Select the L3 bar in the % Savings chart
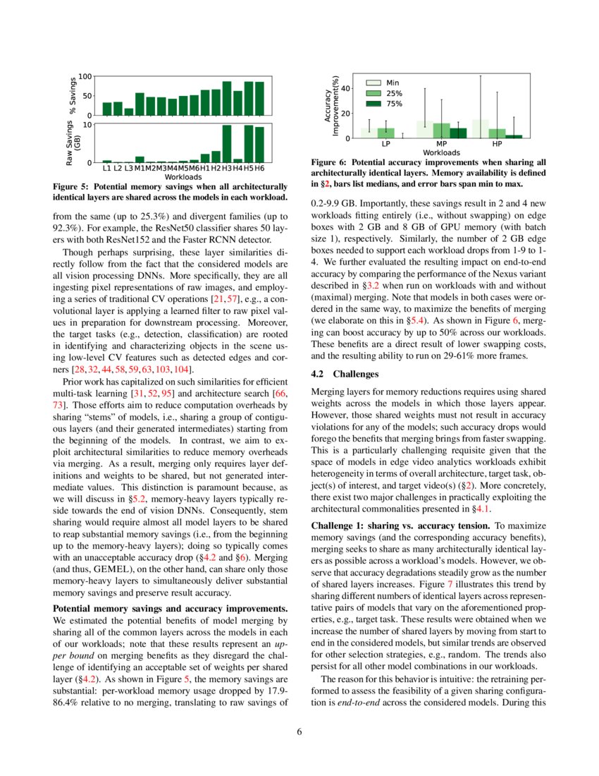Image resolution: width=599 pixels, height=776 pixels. pyautogui.click(x=129, y=111)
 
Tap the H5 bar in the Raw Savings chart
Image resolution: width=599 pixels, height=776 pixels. pyautogui.click(x=249, y=144)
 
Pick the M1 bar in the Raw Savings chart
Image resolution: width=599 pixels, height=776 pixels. pyautogui.click(x=140, y=159)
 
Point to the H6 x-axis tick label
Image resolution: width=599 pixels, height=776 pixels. pyautogui.click(x=259, y=168)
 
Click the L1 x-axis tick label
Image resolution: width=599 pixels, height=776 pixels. pyautogui.click(x=106, y=168)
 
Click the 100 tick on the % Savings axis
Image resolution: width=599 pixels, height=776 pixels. pyautogui.click(x=85, y=76)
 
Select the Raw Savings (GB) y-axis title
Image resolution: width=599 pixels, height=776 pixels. pyautogui.click(x=73, y=143)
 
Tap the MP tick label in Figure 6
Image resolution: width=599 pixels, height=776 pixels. pyautogui.click(x=442, y=144)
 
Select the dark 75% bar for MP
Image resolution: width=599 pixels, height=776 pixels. pyautogui.click(x=458, y=133)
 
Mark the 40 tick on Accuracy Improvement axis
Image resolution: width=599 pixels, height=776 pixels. pyautogui.click(x=347, y=88)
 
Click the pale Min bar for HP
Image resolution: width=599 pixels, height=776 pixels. pyautogui.click(x=481, y=128)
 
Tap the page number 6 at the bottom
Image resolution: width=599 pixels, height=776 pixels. pyautogui.click(x=299, y=731)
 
